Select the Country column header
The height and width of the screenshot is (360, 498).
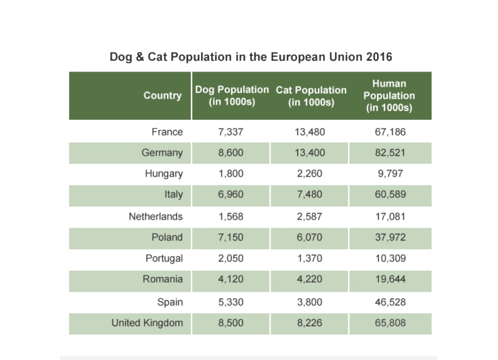click(x=162, y=95)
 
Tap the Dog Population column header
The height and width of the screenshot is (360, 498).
click(x=232, y=96)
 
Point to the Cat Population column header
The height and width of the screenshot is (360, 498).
click(x=311, y=96)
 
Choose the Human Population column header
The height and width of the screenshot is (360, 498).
click(x=389, y=96)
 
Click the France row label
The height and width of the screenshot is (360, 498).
click(x=167, y=132)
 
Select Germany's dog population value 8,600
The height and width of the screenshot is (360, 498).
click(x=230, y=153)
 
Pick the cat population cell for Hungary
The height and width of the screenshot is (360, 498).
click(x=310, y=174)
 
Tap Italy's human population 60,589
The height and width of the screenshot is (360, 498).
click(x=391, y=194)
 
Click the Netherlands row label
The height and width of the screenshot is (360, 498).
click(x=156, y=217)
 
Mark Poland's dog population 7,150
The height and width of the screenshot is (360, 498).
click(x=230, y=237)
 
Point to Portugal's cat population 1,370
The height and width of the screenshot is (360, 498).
click(x=310, y=258)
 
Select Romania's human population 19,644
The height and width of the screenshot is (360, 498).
click(x=391, y=279)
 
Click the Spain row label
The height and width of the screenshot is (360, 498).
click(x=170, y=302)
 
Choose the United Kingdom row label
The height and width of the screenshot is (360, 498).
click(x=147, y=323)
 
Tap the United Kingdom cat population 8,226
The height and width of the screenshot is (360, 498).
click(x=310, y=323)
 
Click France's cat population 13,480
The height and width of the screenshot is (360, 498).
click(x=310, y=132)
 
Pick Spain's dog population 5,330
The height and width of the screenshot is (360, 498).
click(x=230, y=302)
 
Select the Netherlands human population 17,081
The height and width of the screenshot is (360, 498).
click(x=391, y=217)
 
